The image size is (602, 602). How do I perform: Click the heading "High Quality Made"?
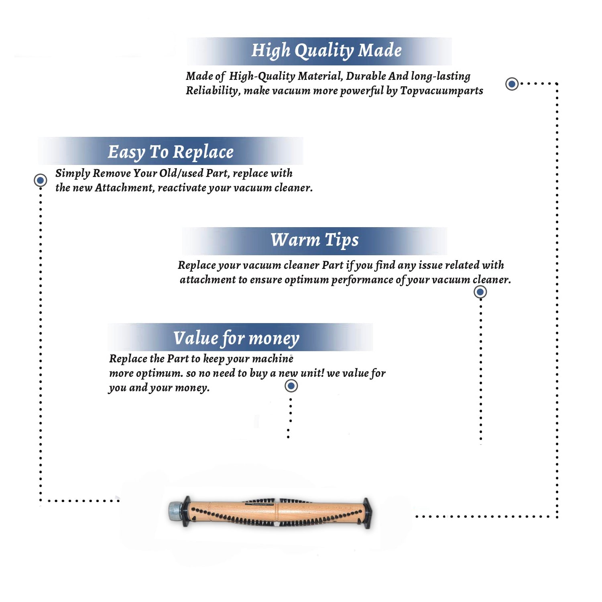326,51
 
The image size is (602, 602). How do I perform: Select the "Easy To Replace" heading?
171,152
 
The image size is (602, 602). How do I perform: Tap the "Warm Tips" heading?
314,240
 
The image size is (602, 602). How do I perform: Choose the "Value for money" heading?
236,338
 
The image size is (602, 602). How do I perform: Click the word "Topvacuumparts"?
441,91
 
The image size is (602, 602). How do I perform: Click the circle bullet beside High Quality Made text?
512,84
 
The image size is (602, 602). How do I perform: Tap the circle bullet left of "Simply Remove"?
40,180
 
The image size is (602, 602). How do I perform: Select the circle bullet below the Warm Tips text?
480,292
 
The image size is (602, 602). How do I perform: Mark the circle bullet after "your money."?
291,386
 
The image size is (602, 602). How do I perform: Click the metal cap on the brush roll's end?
175,510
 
